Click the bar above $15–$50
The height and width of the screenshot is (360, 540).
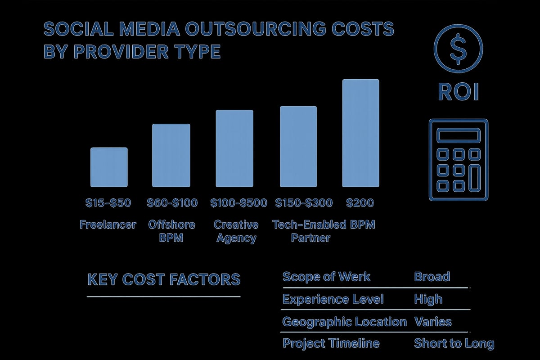pos(109,167)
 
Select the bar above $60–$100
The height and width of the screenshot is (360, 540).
pos(171,155)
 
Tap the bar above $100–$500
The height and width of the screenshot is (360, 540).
pos(234,148)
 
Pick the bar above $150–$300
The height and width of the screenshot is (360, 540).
pos(298,146)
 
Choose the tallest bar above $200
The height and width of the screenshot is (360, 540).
pos(360,133)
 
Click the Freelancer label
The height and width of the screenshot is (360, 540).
pos(108,225)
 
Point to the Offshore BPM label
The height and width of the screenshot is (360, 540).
pos(171,231)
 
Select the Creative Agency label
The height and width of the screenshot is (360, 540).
pos(236,231)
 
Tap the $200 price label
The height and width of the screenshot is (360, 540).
pos(360,203)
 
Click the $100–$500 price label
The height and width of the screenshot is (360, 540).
pos(238,203)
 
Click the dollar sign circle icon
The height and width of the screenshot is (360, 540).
pos(458,48)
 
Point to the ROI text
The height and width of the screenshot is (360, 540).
pos(458,92)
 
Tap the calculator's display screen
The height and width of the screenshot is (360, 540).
pos(458,135)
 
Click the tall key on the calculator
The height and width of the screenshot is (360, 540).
pos(474,177)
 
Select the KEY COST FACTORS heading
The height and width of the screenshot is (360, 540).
pos(164,279)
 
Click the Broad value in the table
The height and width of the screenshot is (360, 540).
pos(432,276)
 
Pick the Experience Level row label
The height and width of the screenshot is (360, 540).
pos(333,299)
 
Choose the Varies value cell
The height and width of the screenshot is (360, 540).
pos(432,322)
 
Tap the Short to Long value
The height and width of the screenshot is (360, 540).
pos(454,344)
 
